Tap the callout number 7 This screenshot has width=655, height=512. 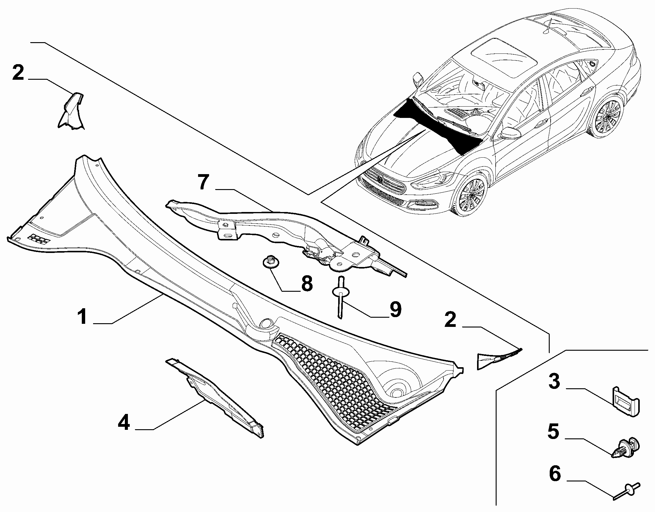click(203, 183)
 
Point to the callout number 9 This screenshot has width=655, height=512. click(395, 310)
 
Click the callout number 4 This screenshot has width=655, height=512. click(124, 423)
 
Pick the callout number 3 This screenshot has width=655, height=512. click(554, 382)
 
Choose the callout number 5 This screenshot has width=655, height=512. click(554, 432)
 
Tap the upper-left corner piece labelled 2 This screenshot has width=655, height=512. click(72, 112)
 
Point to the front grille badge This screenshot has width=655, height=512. click(380, 180)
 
